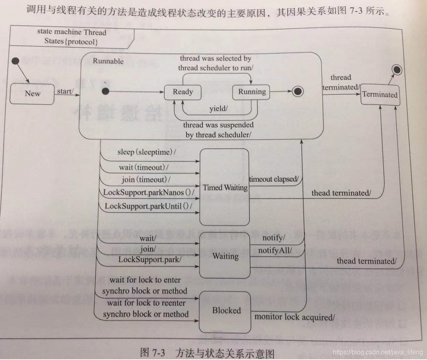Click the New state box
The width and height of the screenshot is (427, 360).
point(32,94)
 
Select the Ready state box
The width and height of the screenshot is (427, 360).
point(183,92)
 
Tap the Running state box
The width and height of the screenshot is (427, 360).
point(252,92)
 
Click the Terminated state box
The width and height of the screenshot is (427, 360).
point(380,95)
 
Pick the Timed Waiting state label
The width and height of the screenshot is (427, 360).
point(225,187)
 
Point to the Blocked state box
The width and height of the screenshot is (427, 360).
point(226,311)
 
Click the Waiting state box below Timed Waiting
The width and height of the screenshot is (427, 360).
point(226,256)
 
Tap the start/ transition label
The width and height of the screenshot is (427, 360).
point(65,91)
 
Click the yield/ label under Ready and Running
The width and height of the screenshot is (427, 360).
point(218,109)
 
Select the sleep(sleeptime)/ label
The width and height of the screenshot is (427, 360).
point(147,152)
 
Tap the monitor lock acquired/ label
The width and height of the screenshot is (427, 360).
point(295,316)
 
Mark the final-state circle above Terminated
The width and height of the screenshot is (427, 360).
point(397,70)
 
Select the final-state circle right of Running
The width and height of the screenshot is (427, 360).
point(298,92)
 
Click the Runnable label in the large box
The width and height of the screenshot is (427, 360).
point(108,61)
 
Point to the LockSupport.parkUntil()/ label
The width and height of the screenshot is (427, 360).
point(148,206)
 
